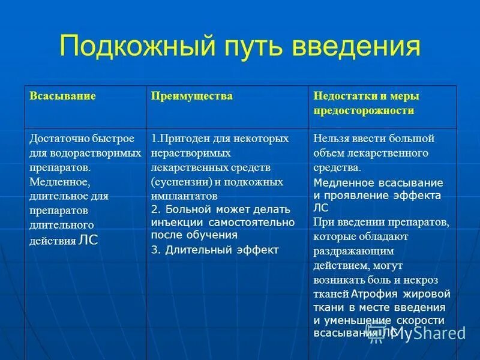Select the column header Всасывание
pos(63,96)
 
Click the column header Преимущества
pos(191,96)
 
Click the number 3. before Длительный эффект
pos(155,250)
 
